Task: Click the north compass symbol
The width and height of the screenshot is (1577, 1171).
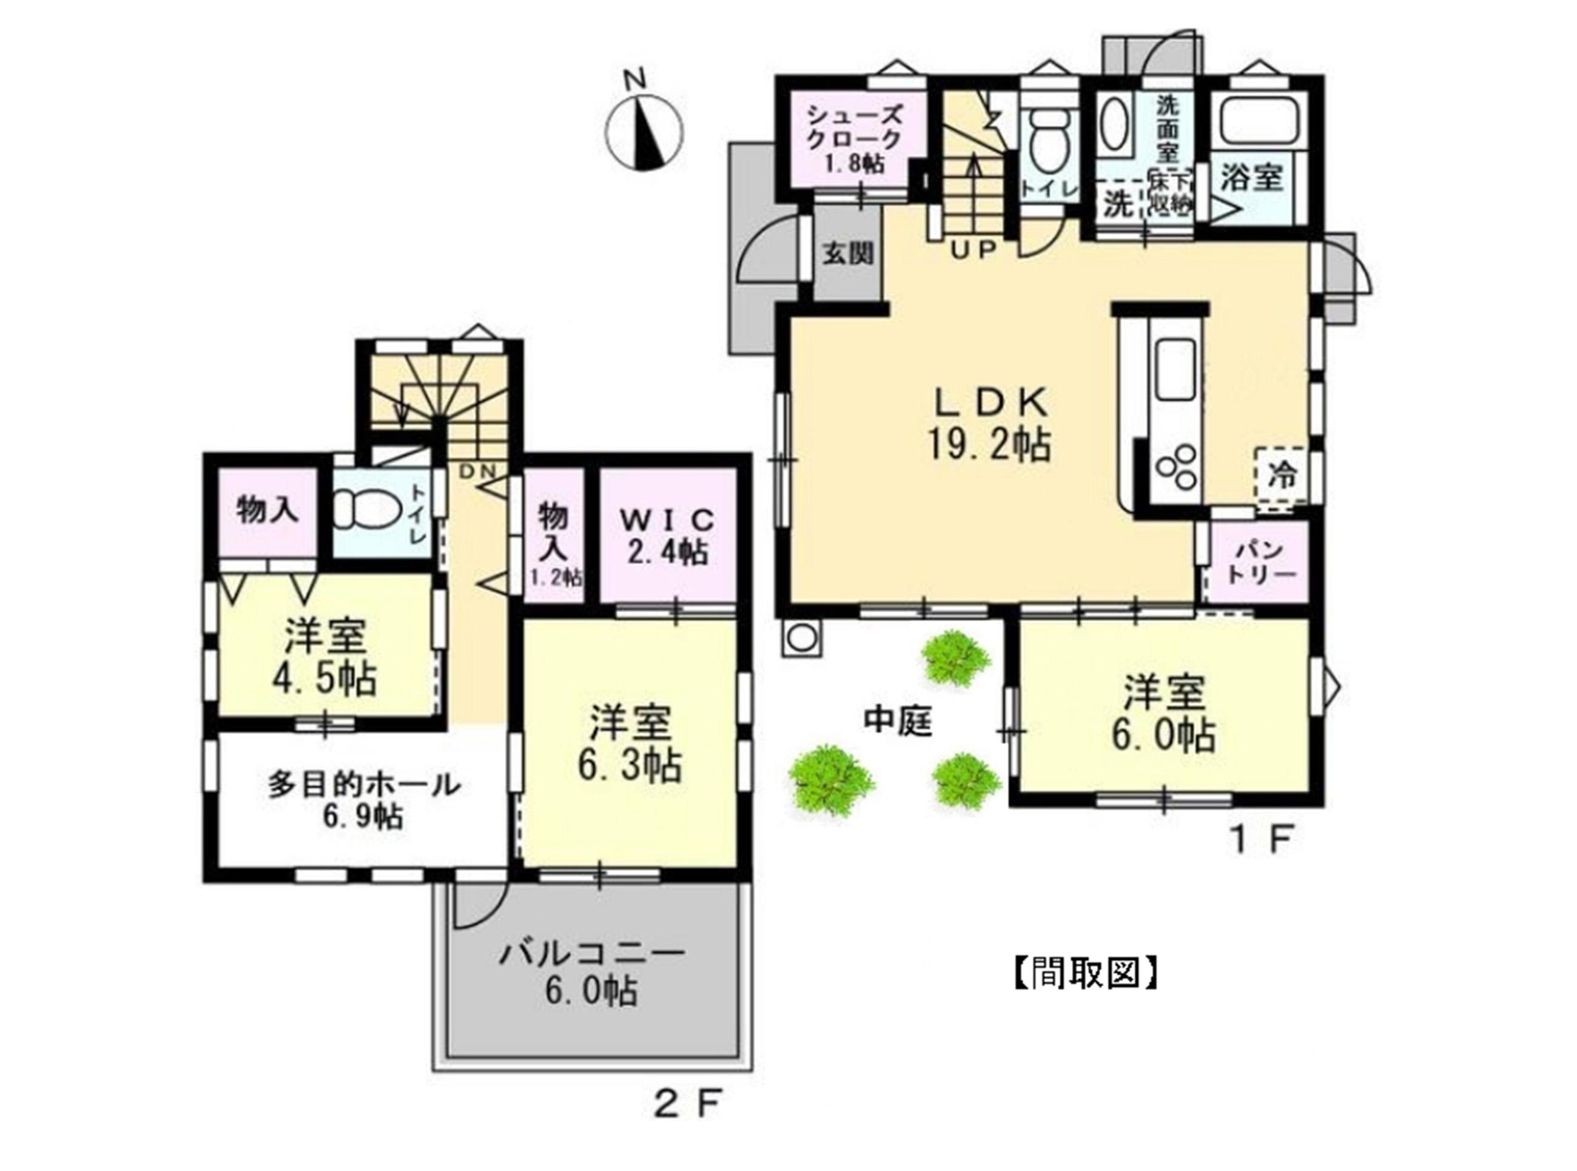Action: point(644,131)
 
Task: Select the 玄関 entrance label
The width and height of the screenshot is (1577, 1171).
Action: point(847,253)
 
